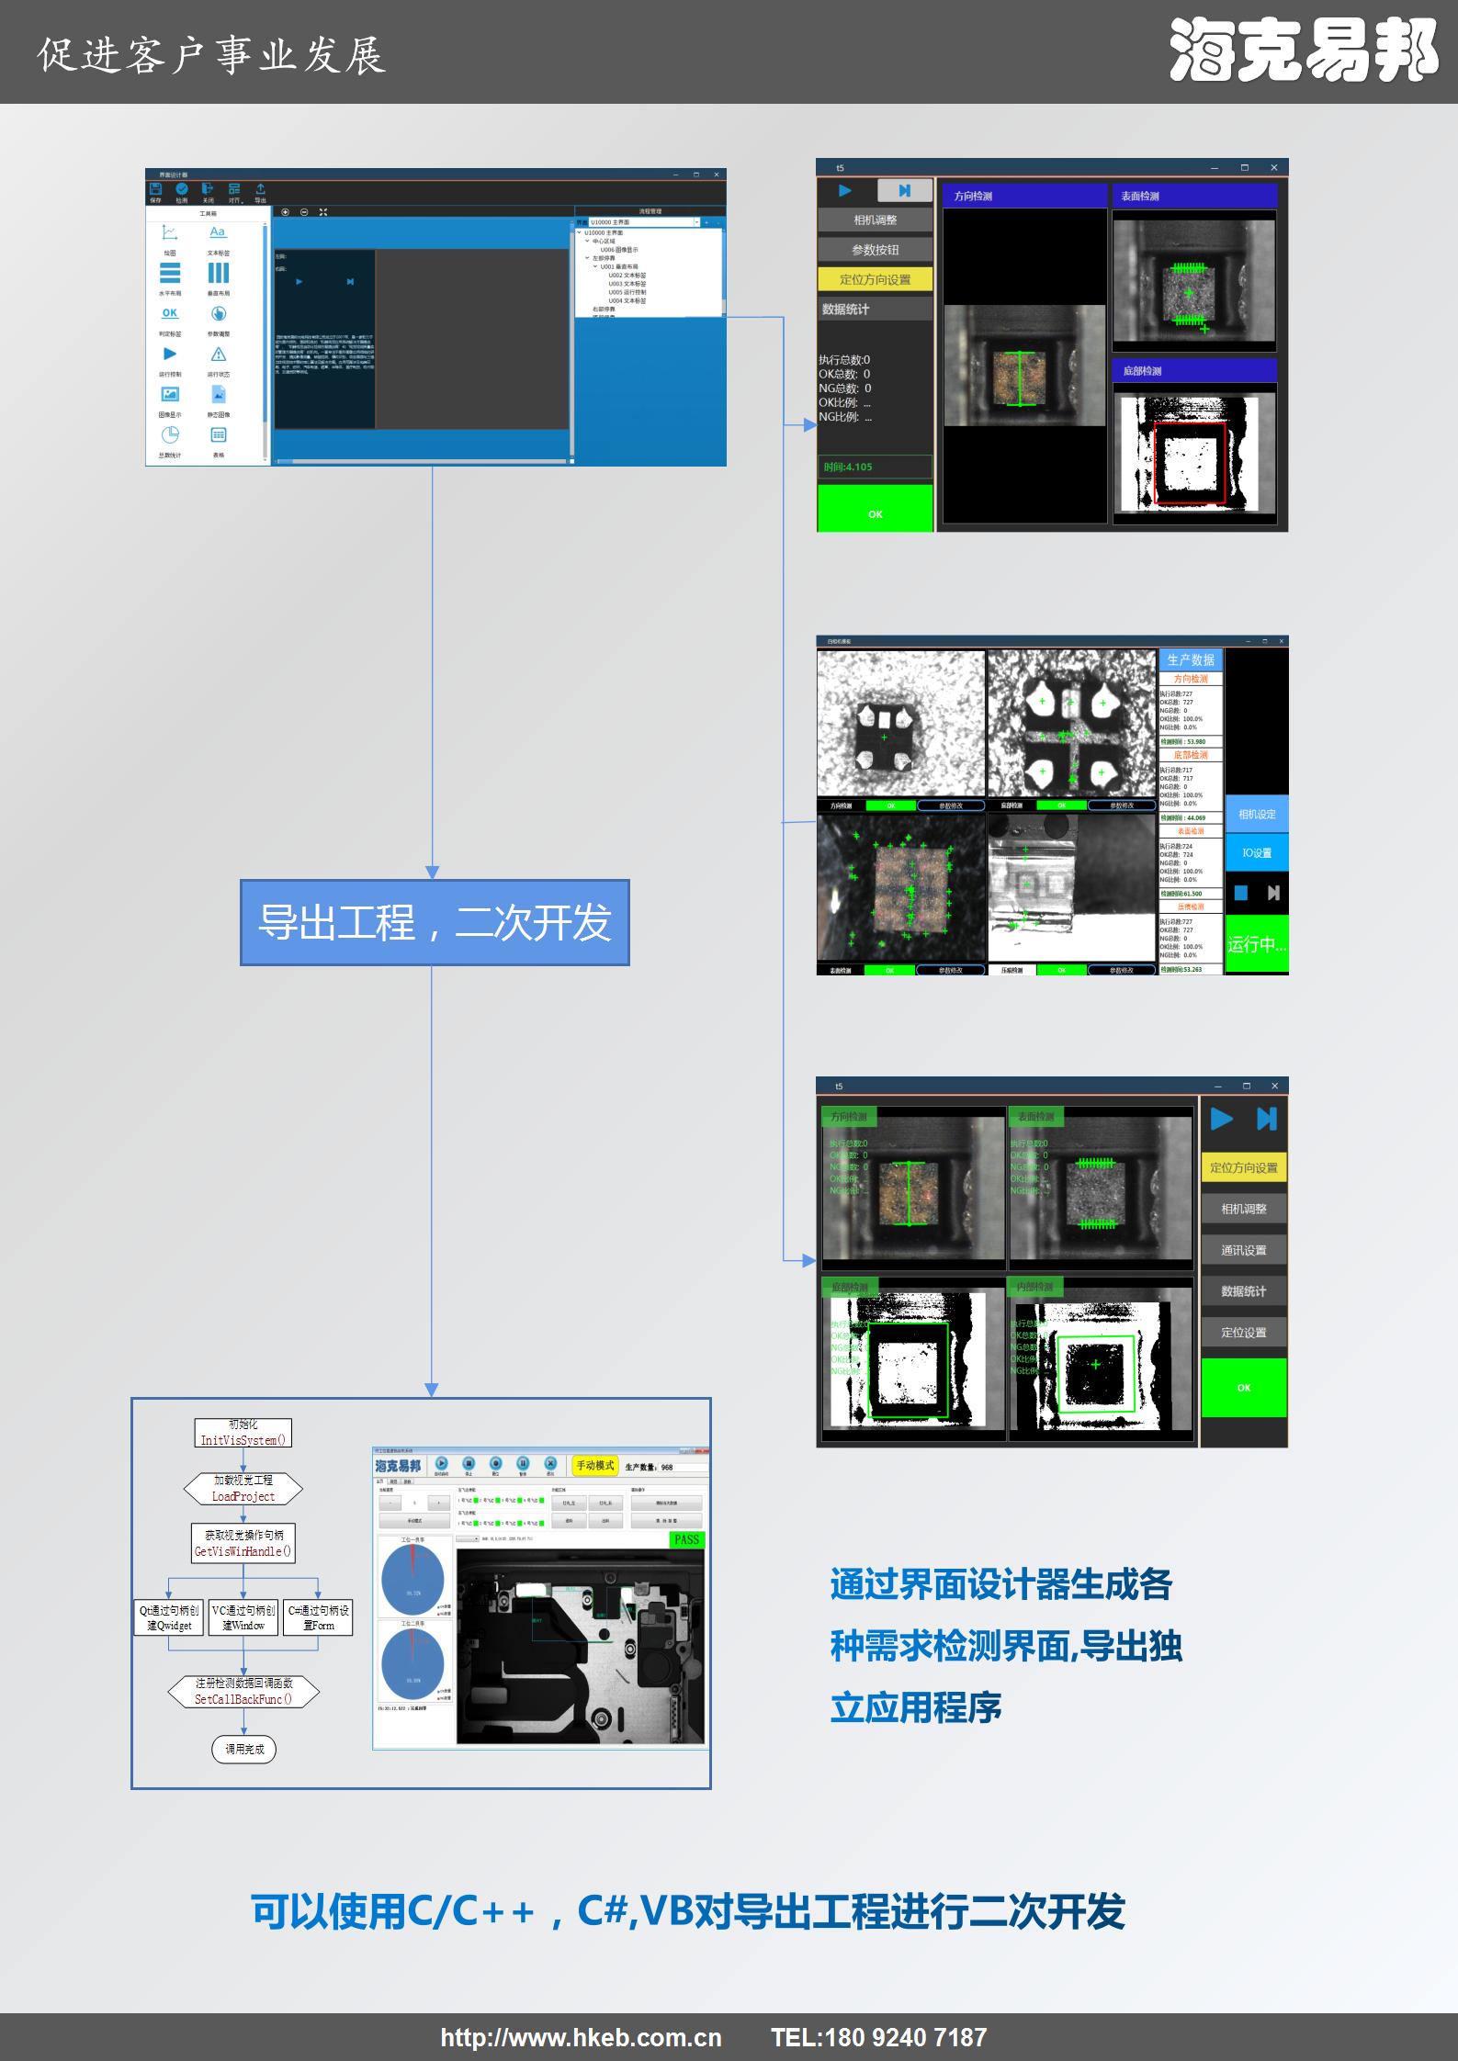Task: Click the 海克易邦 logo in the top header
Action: [x=1304, y=51]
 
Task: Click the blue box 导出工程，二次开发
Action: [x=435, y=922]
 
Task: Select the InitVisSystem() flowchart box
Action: [x=243, y=1433]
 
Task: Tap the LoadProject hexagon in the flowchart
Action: [x=243, y=1488]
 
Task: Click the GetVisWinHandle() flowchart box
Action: [x=243, y=1543]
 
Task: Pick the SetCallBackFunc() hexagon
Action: [x=243, y=1691]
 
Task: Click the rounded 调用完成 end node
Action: [x=243, y=1749]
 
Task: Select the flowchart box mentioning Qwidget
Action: [x=169, y=1617]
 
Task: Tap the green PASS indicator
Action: [x=686, y=1539]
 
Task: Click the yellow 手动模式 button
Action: [x=594, y=1465]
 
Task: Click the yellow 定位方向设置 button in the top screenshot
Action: [x=875, y=279]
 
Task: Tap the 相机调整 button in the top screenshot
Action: [x=875, y=220]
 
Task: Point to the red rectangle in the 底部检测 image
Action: [x=1190, y=463]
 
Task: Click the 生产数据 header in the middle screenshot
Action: [x=1191, y=659]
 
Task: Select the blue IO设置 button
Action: [x=1257, y=852]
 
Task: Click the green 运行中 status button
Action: [x=1257, y=944]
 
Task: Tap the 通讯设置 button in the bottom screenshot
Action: [x=1243, y=1250]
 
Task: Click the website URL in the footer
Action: [x=581, y=2037]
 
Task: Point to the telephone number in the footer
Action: [x=878, y=2037]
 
